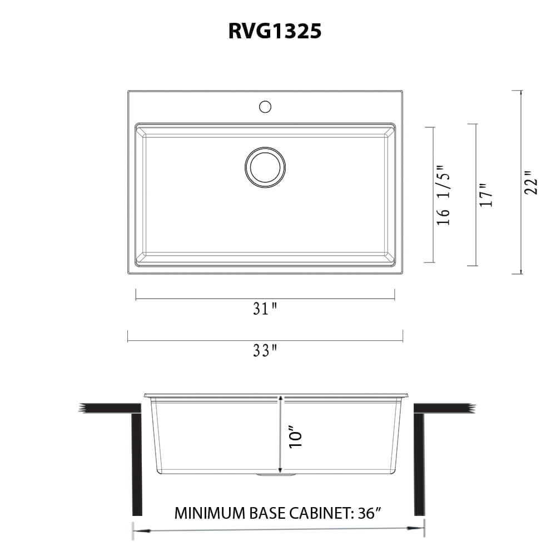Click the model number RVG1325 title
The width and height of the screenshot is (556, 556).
(275, 31)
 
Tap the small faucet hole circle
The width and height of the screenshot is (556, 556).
(265, 106)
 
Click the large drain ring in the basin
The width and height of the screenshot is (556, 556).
(265, 167)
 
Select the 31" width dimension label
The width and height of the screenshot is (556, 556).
(265, 309)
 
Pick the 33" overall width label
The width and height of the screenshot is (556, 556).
(265, 351)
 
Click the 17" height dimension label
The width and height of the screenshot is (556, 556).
(487, 195)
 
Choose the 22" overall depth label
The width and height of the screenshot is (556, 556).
(532, 182)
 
